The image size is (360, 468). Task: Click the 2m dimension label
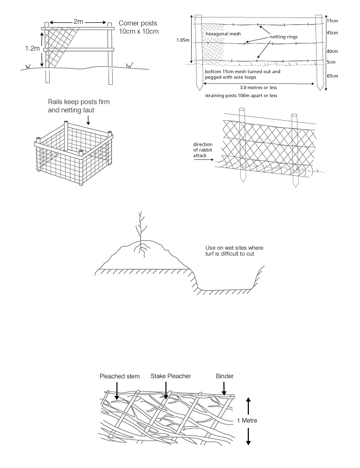[78, 22]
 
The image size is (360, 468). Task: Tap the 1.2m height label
[32, 49]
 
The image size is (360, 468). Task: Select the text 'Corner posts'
[138, 23]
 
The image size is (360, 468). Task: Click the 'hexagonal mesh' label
[223, 34]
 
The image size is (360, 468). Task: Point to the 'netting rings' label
[284, 37]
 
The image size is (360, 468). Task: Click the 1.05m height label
[183, 40]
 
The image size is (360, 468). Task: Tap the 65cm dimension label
[332, 76]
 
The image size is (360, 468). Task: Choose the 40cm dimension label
[332, 51]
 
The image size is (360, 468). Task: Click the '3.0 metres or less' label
[258, 88]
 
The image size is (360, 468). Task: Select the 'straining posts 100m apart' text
[235, 96]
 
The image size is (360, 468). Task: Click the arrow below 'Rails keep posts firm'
[88, 120]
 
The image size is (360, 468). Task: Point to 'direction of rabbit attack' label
[203, 150]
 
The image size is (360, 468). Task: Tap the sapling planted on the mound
[141, 235]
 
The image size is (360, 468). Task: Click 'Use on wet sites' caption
[235, 251]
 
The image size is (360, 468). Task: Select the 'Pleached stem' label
[120, 376]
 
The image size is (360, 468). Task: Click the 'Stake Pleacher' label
[171, 376]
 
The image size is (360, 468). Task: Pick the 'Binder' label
[224, 376]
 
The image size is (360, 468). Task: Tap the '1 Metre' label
[247, 420]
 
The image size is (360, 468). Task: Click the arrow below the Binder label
[224, 389]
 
